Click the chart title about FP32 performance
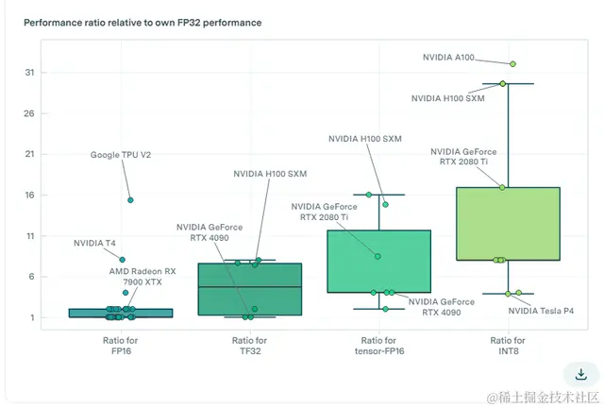143,21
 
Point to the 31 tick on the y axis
30,73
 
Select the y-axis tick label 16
30,196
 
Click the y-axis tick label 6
31,277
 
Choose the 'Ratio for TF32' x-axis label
248,346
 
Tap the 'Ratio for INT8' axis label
508,346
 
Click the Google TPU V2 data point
130,200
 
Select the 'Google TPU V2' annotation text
121,155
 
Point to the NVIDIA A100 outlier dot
513,64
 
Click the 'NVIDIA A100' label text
451,58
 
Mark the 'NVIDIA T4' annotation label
94,244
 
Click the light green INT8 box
508,223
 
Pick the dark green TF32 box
249,289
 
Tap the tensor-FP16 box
378,262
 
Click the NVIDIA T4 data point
122,260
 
